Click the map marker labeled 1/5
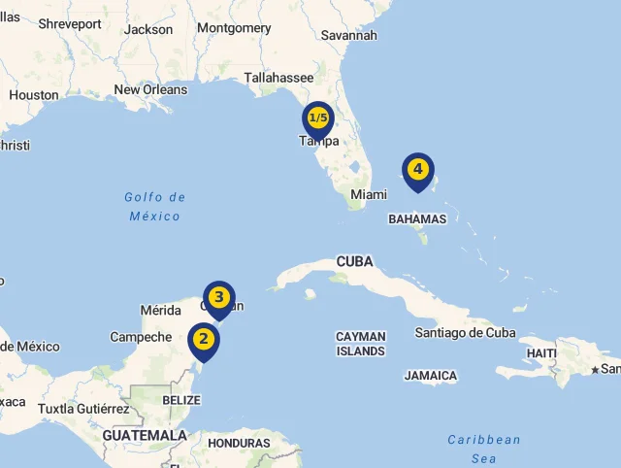click(317, 118)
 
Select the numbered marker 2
click(204, 340)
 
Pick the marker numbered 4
click(418, 170)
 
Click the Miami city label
click(369, 194)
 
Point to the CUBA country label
click(354, 261)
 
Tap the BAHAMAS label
click(417, 219)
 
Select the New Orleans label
click(150, 89)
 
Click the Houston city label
click(34, 95)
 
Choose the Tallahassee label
click(278, 78)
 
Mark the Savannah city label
click(348, 35)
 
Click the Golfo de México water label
click(155, 207)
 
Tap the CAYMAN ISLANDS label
click(361, 344)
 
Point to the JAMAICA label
click(431, 376)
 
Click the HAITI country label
click(541, 352)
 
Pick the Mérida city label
click(161, 311)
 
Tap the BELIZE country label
click(181, 400)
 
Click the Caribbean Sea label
click(484, 450)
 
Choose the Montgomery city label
click(234, 28)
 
